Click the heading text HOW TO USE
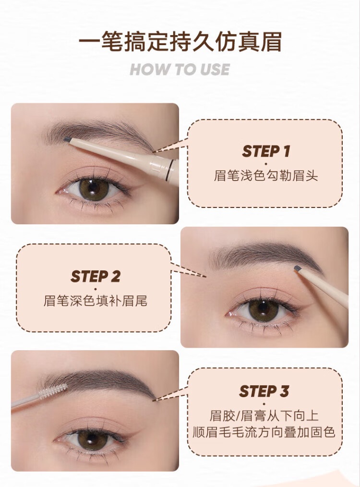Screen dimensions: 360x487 (180, 69)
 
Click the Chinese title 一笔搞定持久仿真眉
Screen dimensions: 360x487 (180, 42)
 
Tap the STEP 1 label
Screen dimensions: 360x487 (266, 152)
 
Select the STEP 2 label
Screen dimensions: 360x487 (95, 276)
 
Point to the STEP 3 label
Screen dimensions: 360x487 (264, 391)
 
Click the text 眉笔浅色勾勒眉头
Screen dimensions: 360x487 (266, 175)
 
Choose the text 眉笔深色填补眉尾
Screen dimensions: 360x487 (95, 301)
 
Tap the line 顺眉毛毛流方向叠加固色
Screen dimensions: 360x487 (264, 432)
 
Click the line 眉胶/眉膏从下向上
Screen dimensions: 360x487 (264, 415)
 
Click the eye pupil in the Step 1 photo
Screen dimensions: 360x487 (93, 187)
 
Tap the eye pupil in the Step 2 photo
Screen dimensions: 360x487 (263, 308)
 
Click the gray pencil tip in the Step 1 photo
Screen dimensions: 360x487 (67, 140)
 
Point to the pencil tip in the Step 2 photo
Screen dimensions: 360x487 (298, 268)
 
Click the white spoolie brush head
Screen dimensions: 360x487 (53, 391)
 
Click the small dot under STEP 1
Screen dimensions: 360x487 (266, 163)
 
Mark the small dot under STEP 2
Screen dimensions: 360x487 (95, 289)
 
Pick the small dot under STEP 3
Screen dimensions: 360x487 (264, 404)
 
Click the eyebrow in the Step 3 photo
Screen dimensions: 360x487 (102, 379)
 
